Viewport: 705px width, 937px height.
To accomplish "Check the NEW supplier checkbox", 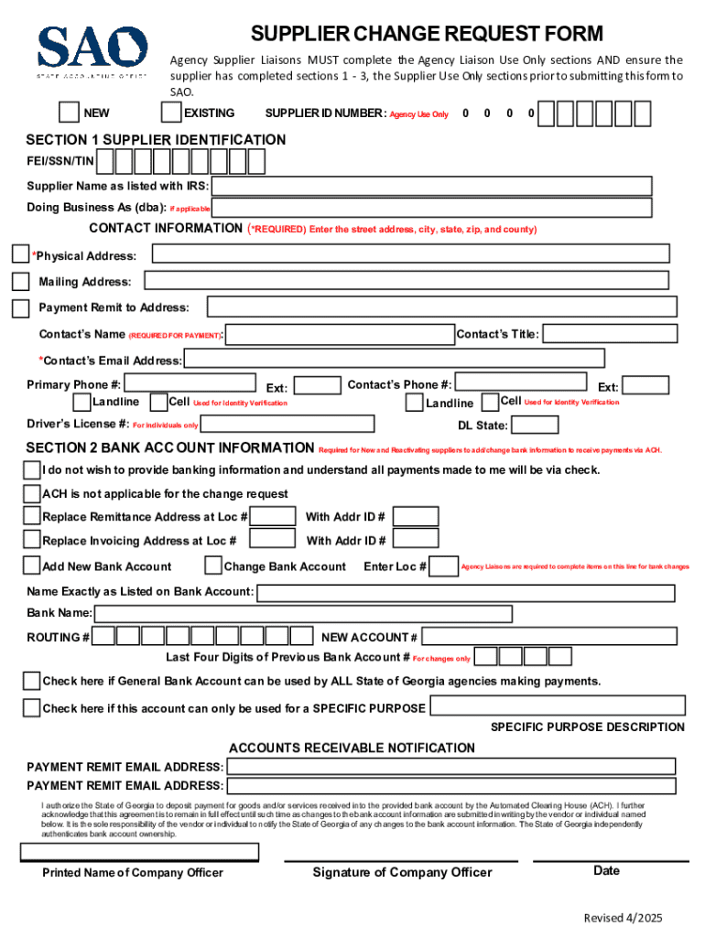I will pyautogui.click(x=69, y=113).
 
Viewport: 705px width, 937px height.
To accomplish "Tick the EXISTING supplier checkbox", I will pyautogui.click(x=170, y=113).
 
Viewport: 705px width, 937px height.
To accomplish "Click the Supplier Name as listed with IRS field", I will pyautogui.click(x=431, y=186).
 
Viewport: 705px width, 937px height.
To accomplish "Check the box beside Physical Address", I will pyautogui.click(x=20, y=254).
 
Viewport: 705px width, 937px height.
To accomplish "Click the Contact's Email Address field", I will pyautogui.click(x=394, y=359).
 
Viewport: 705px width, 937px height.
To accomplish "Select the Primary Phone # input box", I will pyautogui.click(x=190, y=383).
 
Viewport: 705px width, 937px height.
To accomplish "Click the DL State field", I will pyautogui.click(x=535, y=425).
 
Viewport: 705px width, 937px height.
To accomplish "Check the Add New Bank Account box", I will pyautogui.click(x=32, y=565).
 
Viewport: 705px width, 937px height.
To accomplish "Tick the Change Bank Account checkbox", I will pyautogui.click(x=213, y=565).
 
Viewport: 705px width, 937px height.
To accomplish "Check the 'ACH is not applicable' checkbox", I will pyautogui.click(x=32, y=494).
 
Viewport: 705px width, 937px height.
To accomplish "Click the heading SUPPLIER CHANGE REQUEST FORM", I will pyautogui.click(x=427, y=35).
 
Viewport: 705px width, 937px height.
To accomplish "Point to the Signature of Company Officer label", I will pyautogui.click(x=402, y=872).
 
